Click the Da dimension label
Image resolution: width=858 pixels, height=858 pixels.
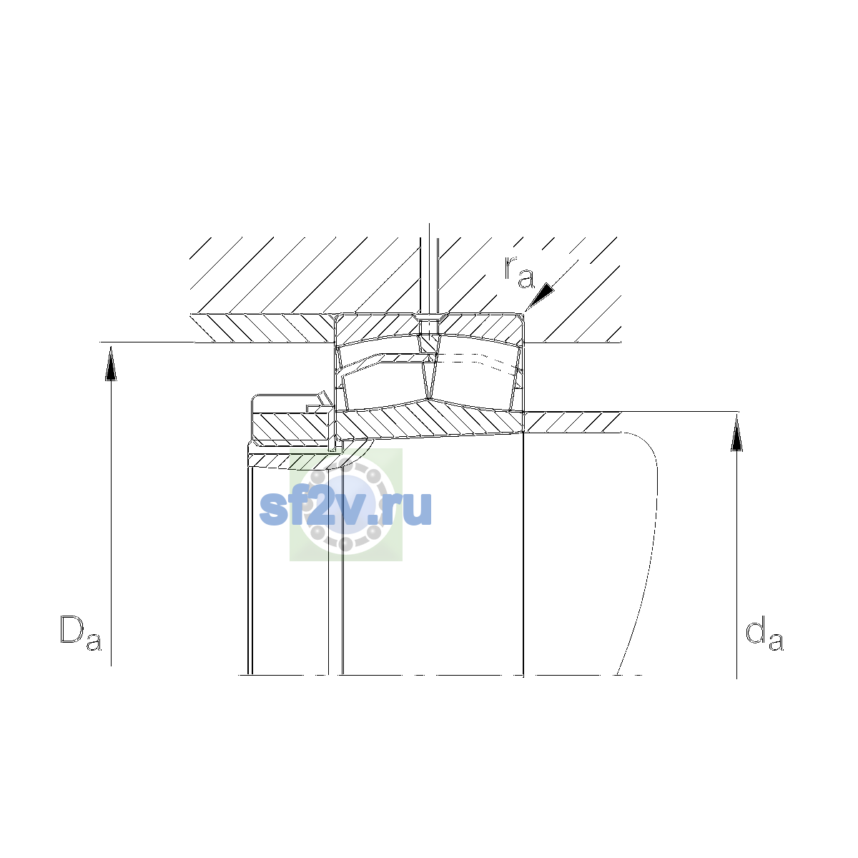[x=81, y=634]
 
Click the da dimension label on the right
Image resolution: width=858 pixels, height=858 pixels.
[x=764, y=634]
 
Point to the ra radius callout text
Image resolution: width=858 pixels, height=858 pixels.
[x=518, y=272]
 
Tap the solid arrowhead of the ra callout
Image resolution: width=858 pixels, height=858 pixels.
[x=541, y=295]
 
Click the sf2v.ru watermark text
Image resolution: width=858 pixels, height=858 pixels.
[x=345, y=508]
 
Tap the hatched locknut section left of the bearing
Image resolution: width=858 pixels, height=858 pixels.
[x=292, y=426]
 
